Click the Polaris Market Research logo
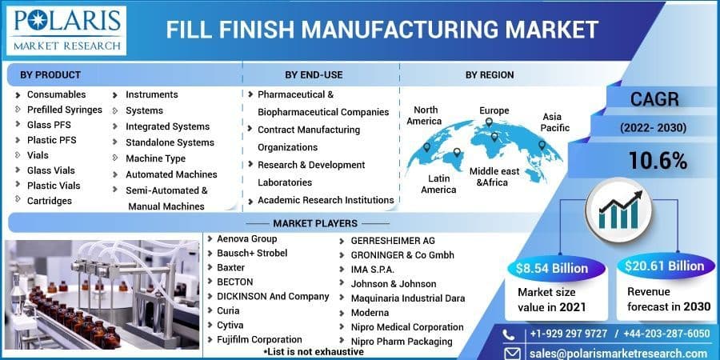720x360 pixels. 66,30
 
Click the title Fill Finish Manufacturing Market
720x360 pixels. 382,30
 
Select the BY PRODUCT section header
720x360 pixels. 50,74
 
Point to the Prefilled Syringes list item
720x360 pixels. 64,110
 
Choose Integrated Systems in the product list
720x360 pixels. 167,126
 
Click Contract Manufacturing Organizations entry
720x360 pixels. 308,138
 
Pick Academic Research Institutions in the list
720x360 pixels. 325,200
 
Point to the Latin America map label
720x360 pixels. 438,183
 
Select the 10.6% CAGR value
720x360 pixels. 658,161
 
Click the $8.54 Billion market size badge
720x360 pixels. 551,267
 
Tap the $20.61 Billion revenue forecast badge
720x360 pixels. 665,266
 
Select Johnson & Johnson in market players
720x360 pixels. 394,283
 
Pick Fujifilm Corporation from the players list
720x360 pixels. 259,339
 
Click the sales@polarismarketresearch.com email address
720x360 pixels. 617,353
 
